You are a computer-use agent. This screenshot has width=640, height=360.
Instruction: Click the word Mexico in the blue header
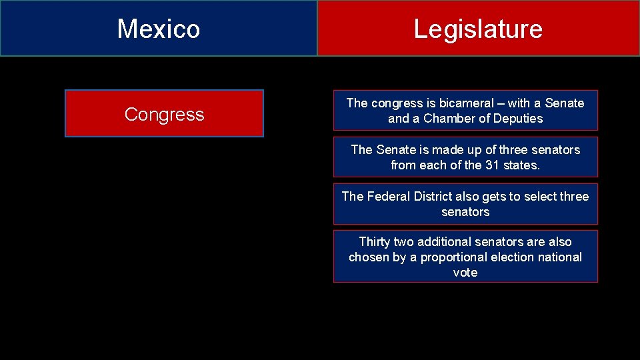click(159, 29)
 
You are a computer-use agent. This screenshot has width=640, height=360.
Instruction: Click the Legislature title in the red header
click(478, 29)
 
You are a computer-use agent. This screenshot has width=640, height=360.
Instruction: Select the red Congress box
click(164, 114)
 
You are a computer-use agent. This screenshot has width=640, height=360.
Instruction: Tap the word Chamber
click(445, 119)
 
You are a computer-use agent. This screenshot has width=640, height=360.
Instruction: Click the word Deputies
click(518, 119)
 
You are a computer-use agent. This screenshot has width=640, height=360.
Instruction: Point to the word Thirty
click(375, 242)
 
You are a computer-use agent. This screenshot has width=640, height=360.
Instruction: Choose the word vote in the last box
click(465, 273)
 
